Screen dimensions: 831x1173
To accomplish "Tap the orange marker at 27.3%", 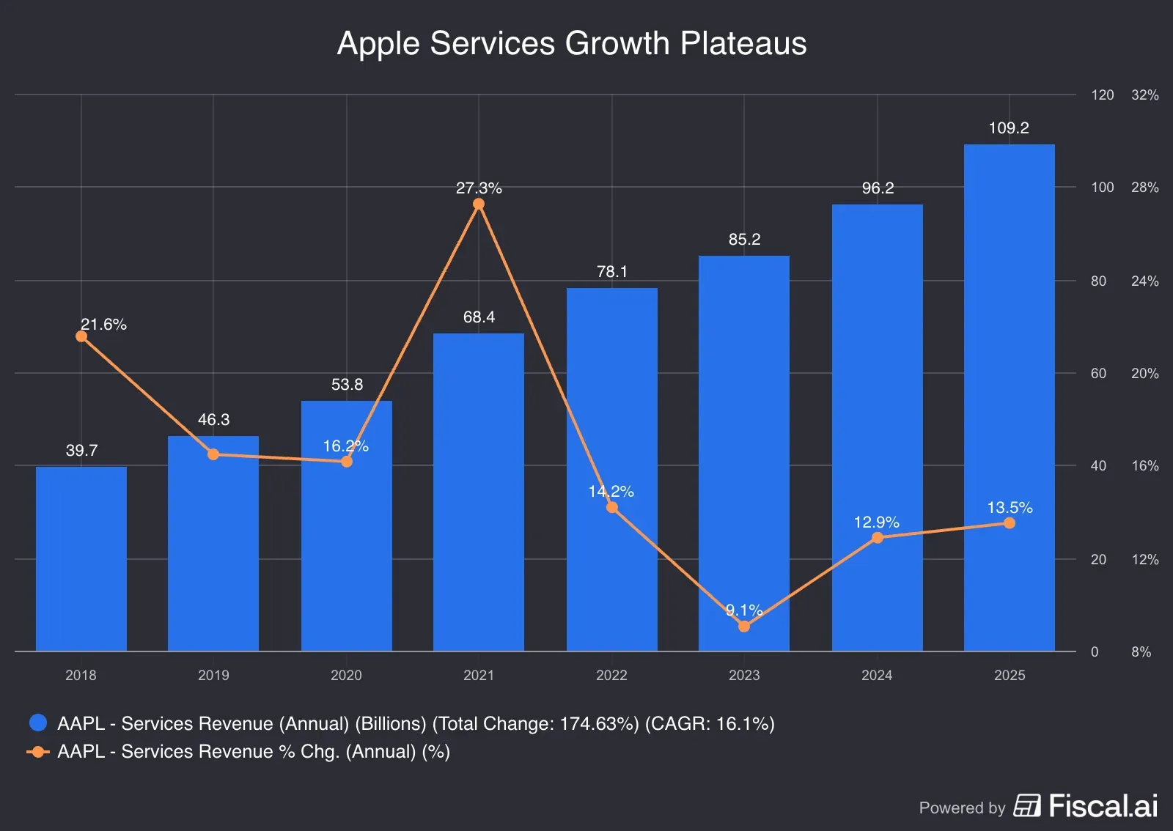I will tap(479, 204).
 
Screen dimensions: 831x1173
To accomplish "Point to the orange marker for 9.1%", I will tap(744, 627).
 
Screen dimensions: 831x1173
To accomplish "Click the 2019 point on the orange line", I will tap(213, 454).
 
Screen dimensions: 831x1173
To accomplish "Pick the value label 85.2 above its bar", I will tap(744, 240).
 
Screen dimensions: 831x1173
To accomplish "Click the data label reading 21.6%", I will tap(103, 325).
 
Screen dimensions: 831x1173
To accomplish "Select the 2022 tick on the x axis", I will tap(611, 675).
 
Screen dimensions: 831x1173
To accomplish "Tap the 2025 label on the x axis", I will tap(1010, 675).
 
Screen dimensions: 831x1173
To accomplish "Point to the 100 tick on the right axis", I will tap(1102, 188).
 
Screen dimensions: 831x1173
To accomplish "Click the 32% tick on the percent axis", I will tap(1144, 95).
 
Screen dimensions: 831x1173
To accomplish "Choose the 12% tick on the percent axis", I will tap(1144, 560).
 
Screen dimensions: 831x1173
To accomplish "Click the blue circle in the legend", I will tap(38, 723).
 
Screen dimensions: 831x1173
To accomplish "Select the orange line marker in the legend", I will tap(38, 752).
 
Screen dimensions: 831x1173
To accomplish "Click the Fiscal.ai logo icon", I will tap(1026, 805).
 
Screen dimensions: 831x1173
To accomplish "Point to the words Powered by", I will tap(962, 808).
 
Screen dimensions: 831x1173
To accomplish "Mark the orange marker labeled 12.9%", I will tap(878, 538).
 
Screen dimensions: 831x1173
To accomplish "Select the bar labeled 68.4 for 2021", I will tap(479, 492).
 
